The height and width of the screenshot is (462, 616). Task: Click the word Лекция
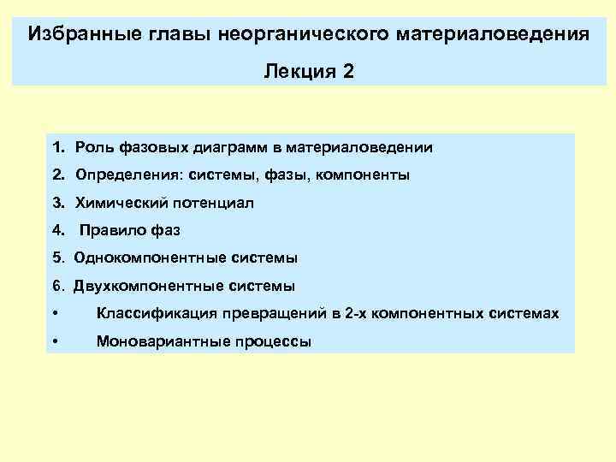[299, 72]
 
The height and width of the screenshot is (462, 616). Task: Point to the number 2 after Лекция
[347, 72]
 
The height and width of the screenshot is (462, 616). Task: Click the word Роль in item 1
[92, 148]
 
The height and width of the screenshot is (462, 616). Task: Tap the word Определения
[125, 175]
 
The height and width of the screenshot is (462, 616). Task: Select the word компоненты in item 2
[363, 175]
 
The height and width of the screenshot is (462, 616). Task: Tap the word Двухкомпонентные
[142, 286]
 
